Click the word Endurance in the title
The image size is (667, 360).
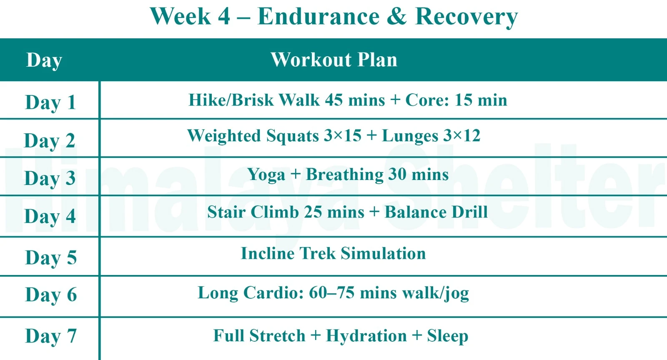point(318,17)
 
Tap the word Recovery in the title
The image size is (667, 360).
point(466,17)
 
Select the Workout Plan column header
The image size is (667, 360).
point(334,60)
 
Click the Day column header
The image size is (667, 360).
point(44,60)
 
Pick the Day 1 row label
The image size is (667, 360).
point(50,102)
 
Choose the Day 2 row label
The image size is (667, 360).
point(50,141)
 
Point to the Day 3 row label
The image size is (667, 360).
point(50,178)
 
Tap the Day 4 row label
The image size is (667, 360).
point(50,216)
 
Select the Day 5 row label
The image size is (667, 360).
point(51,257)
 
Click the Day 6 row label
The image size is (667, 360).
point(51,295)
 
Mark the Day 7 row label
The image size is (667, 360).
point(51,336)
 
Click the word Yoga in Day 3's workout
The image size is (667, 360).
point(266,175)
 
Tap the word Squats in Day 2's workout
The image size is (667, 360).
point(292,136)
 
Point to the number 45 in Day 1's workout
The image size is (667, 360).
point(334,100)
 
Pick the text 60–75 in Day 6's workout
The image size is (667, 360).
point(331,293)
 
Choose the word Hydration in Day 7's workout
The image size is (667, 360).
point(366,336)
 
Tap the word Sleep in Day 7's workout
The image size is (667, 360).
point(447,336)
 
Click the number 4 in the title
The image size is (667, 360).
point(224,17)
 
